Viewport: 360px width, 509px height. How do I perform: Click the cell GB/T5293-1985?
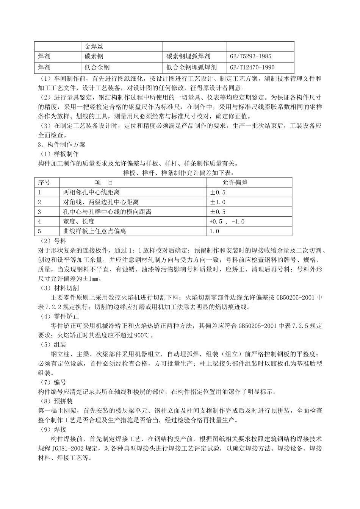click(x=250, y=57)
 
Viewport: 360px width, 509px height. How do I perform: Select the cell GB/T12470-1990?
click(x=252, y=67)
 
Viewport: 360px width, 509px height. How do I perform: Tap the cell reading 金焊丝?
click(x=94, y=47)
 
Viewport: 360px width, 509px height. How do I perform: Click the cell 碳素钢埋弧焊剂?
click(x=188, y=57)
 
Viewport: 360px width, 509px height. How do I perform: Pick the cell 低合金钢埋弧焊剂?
click(x=191, y=67)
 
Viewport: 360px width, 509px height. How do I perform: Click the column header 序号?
click(x=44, y=183)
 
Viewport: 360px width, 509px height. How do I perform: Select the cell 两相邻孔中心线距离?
click(x=91, y=192)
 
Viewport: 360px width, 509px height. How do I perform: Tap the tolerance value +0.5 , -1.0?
click(x=227, y=222)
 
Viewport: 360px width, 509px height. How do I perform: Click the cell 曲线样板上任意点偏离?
click(x=94, y=231)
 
